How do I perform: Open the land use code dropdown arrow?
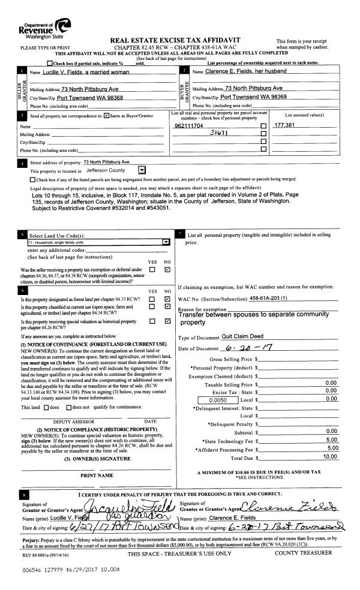coord(166,242)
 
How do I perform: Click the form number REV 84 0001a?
coord(36,554)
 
